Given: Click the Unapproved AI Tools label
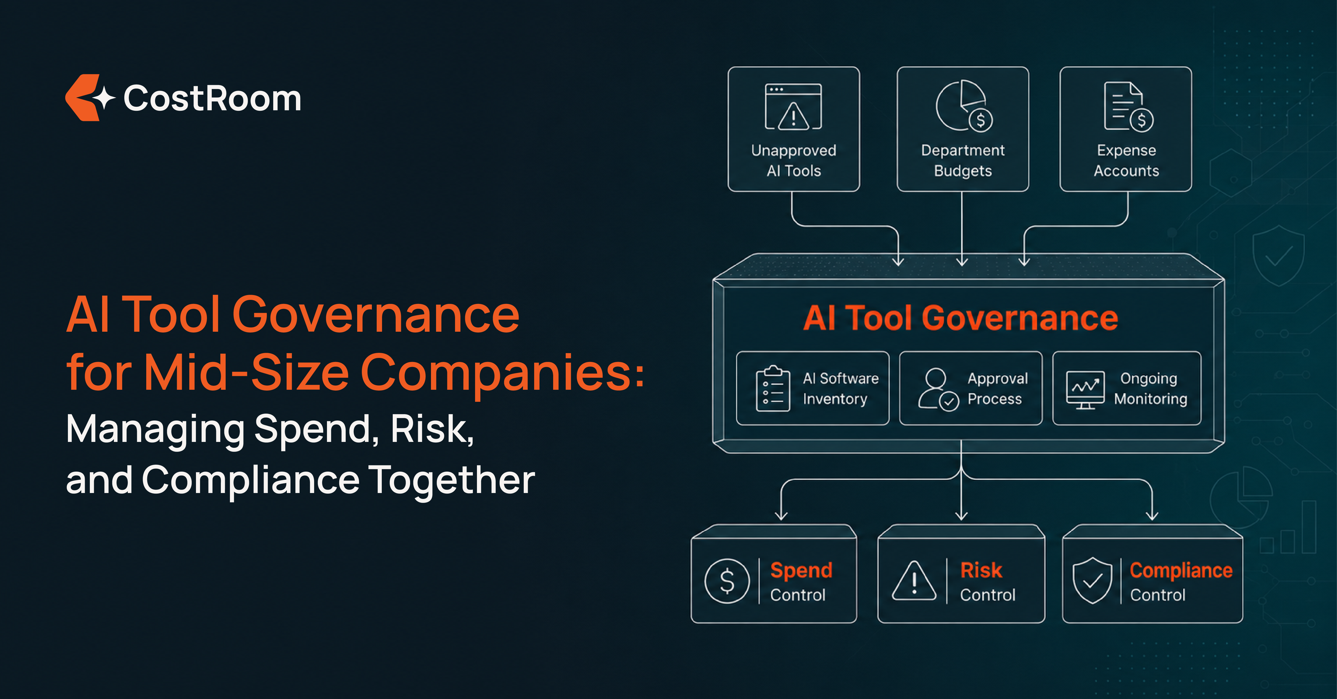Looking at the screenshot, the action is [793, 161].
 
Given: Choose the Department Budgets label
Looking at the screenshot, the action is [963, 161].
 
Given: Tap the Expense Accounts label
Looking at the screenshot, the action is [1126, 161].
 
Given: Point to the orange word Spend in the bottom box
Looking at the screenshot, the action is [801, 570].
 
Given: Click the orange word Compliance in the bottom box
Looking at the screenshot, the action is [1181, 570].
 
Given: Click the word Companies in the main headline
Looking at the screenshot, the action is [502, 373].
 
